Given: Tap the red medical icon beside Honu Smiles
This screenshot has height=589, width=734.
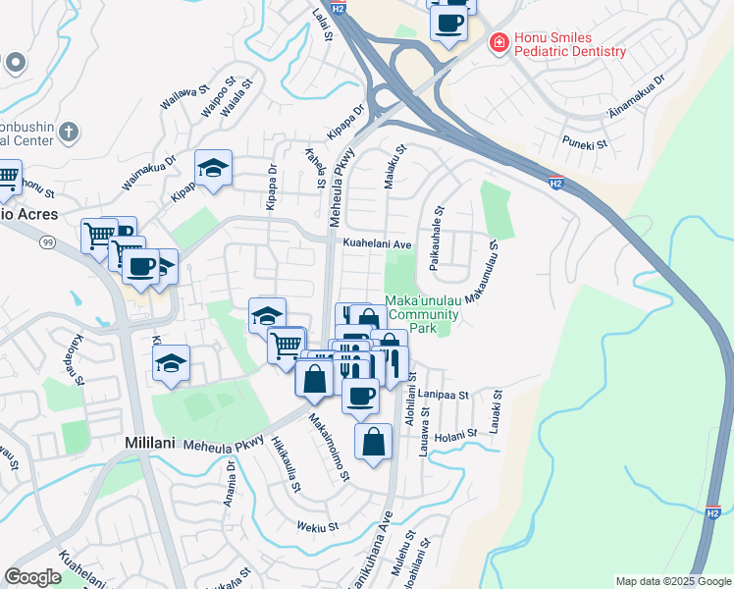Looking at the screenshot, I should tap(498, 42).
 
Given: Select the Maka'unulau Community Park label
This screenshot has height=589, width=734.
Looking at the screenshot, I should tap(423, 314).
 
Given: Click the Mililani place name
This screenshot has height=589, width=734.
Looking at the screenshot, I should tap(150, 443).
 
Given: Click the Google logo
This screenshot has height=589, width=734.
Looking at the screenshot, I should tap(33, 577).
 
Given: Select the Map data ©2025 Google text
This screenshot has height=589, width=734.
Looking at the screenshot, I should tap(673, 581).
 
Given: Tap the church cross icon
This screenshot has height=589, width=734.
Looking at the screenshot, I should tap(68, 131).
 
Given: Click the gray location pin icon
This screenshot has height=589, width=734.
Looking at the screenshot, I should tap(14, 64).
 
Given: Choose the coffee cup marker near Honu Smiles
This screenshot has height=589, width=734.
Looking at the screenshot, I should tap(449, 23).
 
